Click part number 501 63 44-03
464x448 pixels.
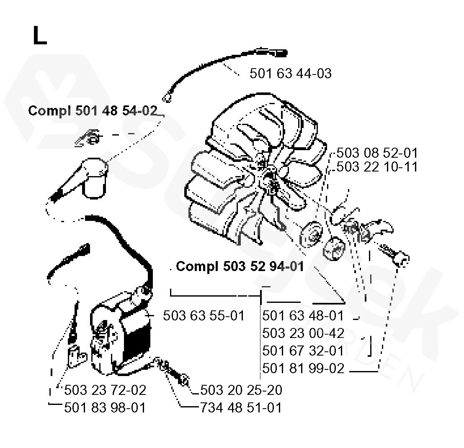point(290,74)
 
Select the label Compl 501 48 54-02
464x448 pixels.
point(93,111)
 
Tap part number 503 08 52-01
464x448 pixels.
point(377,153)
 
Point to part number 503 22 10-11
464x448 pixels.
point(377,167)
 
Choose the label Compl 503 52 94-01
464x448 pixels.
point(240,266)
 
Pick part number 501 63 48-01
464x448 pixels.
point(303,315)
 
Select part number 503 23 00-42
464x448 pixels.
point(303,333)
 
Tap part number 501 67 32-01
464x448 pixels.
point(303,351)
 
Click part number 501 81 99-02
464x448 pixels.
point(303,368)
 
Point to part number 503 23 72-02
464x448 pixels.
point(105,390)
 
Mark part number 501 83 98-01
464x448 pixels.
point(105,407)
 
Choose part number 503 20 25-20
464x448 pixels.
point(241,390)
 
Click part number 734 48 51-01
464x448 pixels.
point(241,407)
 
